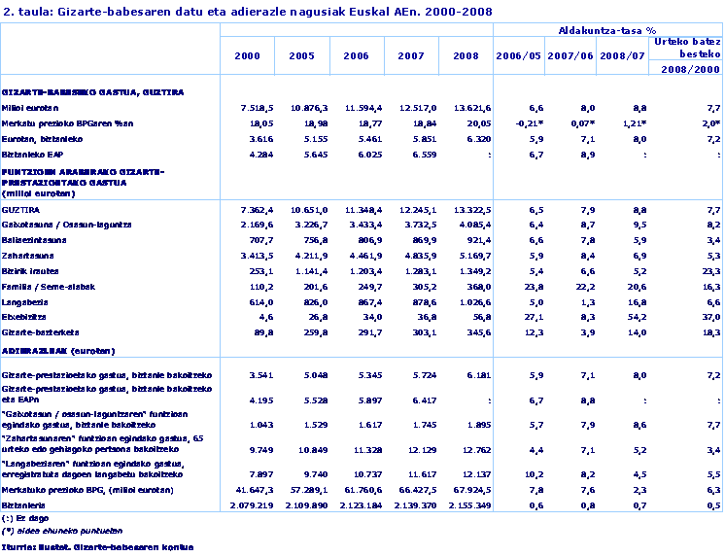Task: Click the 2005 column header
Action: coord(301,55)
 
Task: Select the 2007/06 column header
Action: coord(570,55)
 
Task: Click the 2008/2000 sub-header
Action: coord(687,70)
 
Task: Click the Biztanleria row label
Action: coord(23,505)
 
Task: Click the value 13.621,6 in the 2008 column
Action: coord(471,107)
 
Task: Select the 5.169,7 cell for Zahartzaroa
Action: coord(472,256)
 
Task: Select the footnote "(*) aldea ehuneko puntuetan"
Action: coord(49,531)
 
